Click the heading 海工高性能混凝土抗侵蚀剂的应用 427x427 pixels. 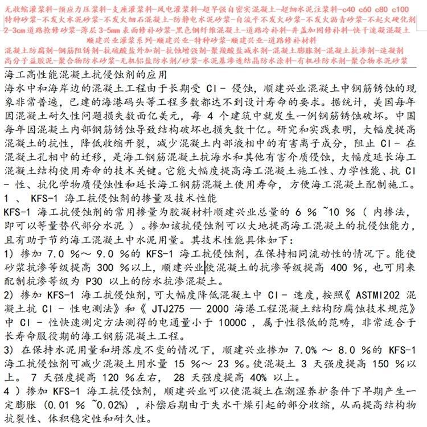coord(85,75)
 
